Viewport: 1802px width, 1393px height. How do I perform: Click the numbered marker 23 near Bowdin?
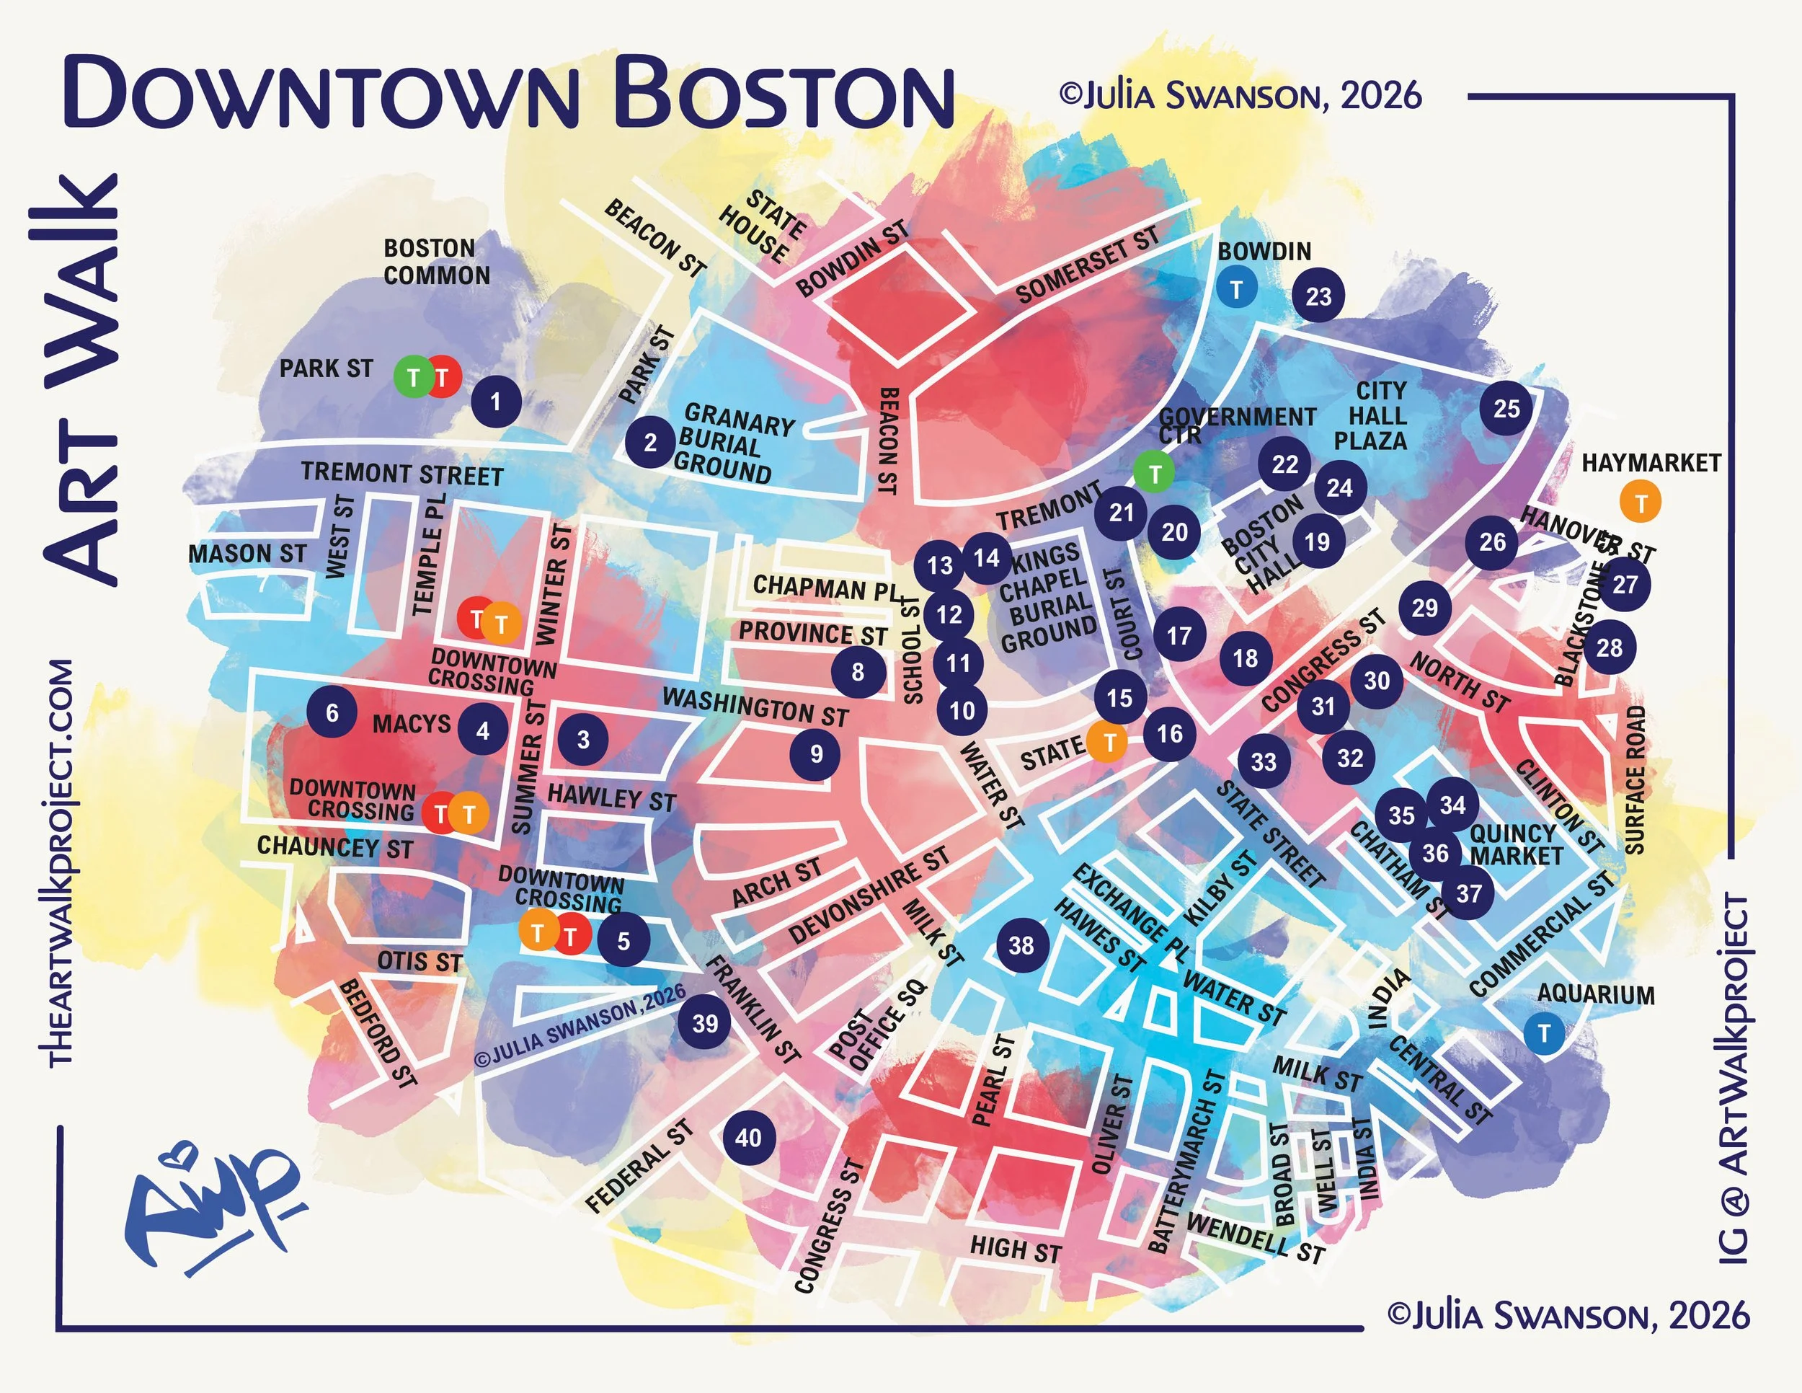[1318, 296]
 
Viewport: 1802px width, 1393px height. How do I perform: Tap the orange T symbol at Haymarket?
[1641, 502]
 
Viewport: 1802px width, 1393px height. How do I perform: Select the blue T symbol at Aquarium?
[1545, 1032]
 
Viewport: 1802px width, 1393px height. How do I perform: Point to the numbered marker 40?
[748, 1138]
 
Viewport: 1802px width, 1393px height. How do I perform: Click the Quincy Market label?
[1516, 844]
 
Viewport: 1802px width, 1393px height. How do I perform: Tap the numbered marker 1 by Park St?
[496, 402]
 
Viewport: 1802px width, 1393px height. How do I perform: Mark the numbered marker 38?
[1021, 945]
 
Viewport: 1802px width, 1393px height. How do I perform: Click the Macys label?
[411, 725]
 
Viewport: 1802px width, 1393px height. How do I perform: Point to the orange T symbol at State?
[1110, 742]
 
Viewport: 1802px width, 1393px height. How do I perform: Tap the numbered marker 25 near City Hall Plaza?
[1506, 409]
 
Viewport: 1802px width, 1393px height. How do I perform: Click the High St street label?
[1014, 1250]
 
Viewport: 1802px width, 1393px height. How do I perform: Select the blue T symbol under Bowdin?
[1236, 290]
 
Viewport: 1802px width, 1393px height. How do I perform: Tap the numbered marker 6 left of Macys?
[332, 712]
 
